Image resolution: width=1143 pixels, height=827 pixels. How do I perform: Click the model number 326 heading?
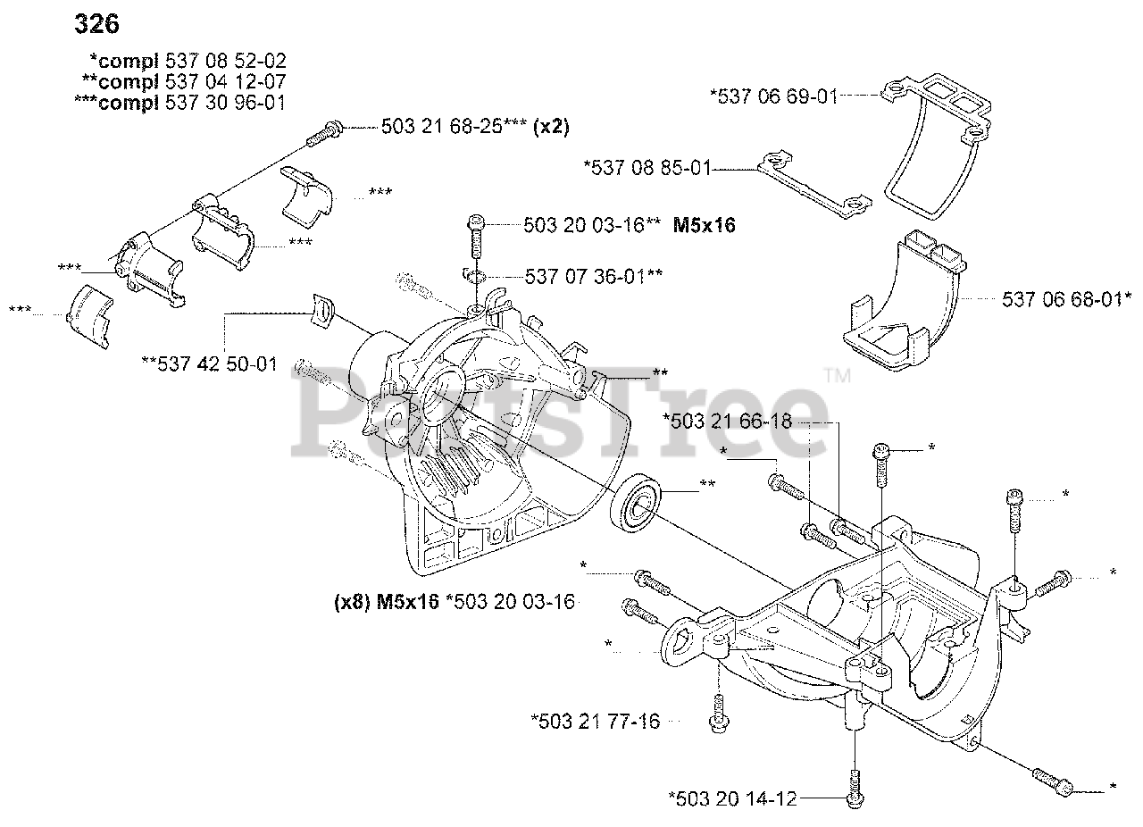click(x=96, y=24)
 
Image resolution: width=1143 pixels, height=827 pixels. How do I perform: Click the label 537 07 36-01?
click(x=587, y=276)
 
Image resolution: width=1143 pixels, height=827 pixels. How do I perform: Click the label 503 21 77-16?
click(x=599, y=721)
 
